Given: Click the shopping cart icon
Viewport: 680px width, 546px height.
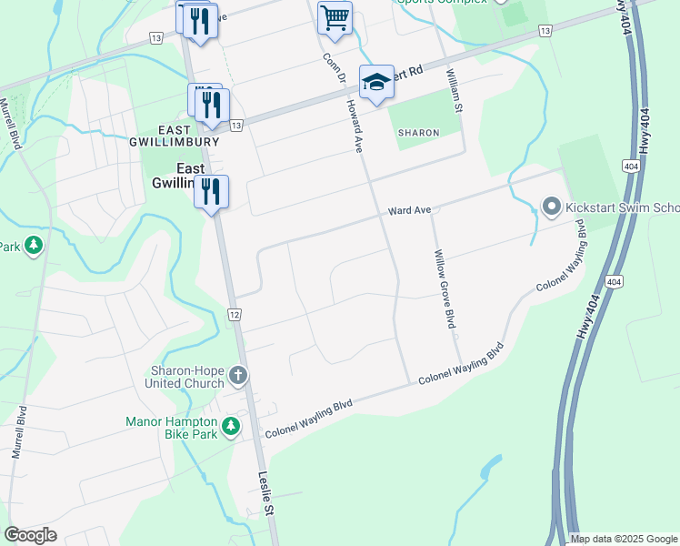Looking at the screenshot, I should click(x=335, y=17).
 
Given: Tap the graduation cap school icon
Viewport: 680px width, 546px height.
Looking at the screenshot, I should click(x=376, y=83).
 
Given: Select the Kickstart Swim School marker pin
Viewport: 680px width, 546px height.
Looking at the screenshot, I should click(x=551, y=207).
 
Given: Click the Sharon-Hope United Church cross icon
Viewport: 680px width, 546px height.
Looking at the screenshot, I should click(x=237, y=374).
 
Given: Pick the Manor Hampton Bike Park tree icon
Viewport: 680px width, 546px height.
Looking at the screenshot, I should click(x=231, y=425).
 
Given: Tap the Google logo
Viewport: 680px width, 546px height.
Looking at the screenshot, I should click(x=30, y=535).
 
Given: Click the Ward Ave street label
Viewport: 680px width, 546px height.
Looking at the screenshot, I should click(x=408, y=210).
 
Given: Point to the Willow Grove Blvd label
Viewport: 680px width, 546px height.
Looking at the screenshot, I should click(x=444, y=288).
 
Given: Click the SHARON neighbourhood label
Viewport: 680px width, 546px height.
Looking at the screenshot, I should click(x=418, y=133).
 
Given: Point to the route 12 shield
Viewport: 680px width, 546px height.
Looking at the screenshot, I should click(x=234, y=314).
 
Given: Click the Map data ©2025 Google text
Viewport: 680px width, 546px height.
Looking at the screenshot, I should click(x=623, y=539).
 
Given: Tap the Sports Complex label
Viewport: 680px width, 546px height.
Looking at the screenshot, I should click(x=440, y=2).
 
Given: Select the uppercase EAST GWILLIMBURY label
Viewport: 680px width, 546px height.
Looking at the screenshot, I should click(x=173, y=136).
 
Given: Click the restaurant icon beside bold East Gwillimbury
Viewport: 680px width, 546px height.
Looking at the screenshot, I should click(x=211, y=192).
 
